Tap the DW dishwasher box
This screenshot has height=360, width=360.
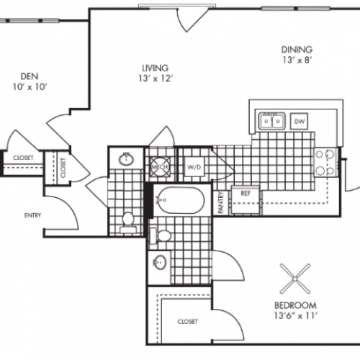[x=299, y=122]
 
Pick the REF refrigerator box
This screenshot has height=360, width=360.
[x=245, y=192]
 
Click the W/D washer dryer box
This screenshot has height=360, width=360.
[x=194, y=168]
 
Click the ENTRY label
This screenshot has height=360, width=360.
[x=32, y=215]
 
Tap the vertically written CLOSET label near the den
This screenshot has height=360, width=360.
[x=63, y=168]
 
